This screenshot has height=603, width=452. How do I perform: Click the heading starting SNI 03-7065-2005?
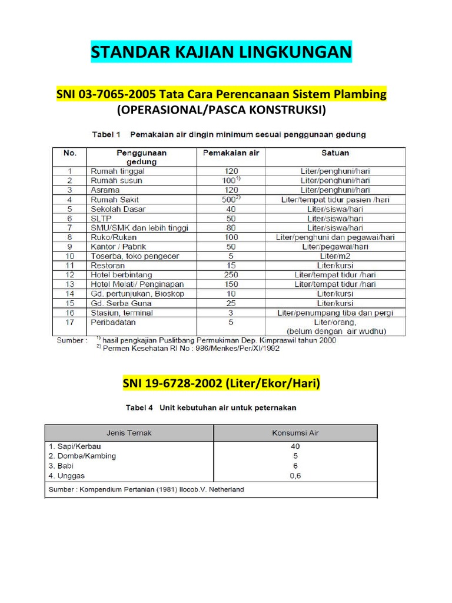[x=221, y=95]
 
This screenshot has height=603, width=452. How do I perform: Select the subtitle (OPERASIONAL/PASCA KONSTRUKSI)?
[x=221, y=111]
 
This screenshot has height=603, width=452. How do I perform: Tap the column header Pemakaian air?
[x=231, y=153]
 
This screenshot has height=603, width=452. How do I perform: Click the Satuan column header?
[x=335, y=153]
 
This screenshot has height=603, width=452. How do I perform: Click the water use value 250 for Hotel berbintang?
[x=231, y=275]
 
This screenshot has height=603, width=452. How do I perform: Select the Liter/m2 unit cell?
[x=335, y=256]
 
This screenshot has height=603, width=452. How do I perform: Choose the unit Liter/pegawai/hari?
[x=335, y=247]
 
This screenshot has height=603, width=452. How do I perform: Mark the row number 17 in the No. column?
[x=70, y=322]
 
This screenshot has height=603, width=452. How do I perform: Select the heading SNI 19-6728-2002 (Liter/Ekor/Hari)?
[x=221, y=385]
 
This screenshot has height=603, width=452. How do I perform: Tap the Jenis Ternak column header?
[x=128, y=433]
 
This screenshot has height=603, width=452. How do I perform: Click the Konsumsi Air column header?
[x=295, y=433]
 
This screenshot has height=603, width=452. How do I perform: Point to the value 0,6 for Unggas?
[x=295, y=476]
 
